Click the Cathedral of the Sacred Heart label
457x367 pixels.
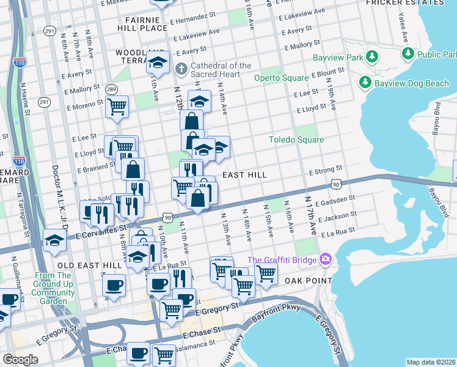tap(221, 70)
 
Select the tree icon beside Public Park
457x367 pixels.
tap(408, 54)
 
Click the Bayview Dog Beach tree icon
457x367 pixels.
tap(365, 82)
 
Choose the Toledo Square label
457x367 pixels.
tap(296, 139)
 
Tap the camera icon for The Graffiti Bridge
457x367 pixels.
tap(325, 260)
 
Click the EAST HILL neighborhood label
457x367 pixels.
tap(244, 175)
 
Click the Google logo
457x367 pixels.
tap(20, 359)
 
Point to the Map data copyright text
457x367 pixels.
tap(430, 362)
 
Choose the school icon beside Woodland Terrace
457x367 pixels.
tap(158, 62)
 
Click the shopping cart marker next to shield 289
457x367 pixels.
tap(117, 106)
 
